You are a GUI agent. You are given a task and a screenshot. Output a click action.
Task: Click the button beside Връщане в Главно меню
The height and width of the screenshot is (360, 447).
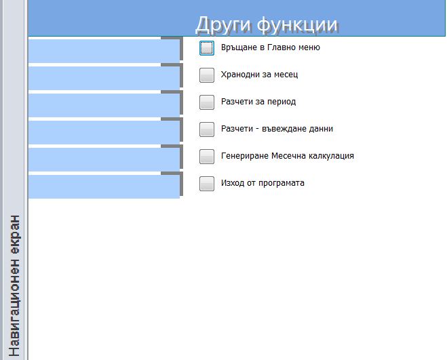(207, 48)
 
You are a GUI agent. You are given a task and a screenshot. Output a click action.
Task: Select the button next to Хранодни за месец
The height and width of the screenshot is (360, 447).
(207, 75)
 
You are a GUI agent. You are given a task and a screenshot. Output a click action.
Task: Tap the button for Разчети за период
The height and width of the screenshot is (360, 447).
(207, 102)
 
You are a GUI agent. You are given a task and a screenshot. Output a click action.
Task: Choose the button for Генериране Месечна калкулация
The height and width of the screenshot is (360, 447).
(207, 156)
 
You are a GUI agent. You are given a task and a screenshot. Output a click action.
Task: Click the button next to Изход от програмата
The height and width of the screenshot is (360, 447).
(207, 183)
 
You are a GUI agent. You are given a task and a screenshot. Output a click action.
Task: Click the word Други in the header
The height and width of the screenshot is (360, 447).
(223, 25)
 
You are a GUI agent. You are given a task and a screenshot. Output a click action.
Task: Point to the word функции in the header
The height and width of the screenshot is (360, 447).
(297, 25)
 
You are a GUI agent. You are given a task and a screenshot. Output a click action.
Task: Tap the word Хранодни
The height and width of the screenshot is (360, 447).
(240, 75)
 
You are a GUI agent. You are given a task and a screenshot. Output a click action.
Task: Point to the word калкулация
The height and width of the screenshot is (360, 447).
(331, 156)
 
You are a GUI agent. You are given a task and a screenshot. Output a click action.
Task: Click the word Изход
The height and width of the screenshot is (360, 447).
(233, 182)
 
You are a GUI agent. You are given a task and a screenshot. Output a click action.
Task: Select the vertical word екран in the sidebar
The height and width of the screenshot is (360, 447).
(14, 235)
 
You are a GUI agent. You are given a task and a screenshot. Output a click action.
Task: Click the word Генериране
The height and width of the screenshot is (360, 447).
(244, 156)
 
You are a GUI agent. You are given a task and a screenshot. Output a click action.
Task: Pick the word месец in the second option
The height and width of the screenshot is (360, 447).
(286, 75)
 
